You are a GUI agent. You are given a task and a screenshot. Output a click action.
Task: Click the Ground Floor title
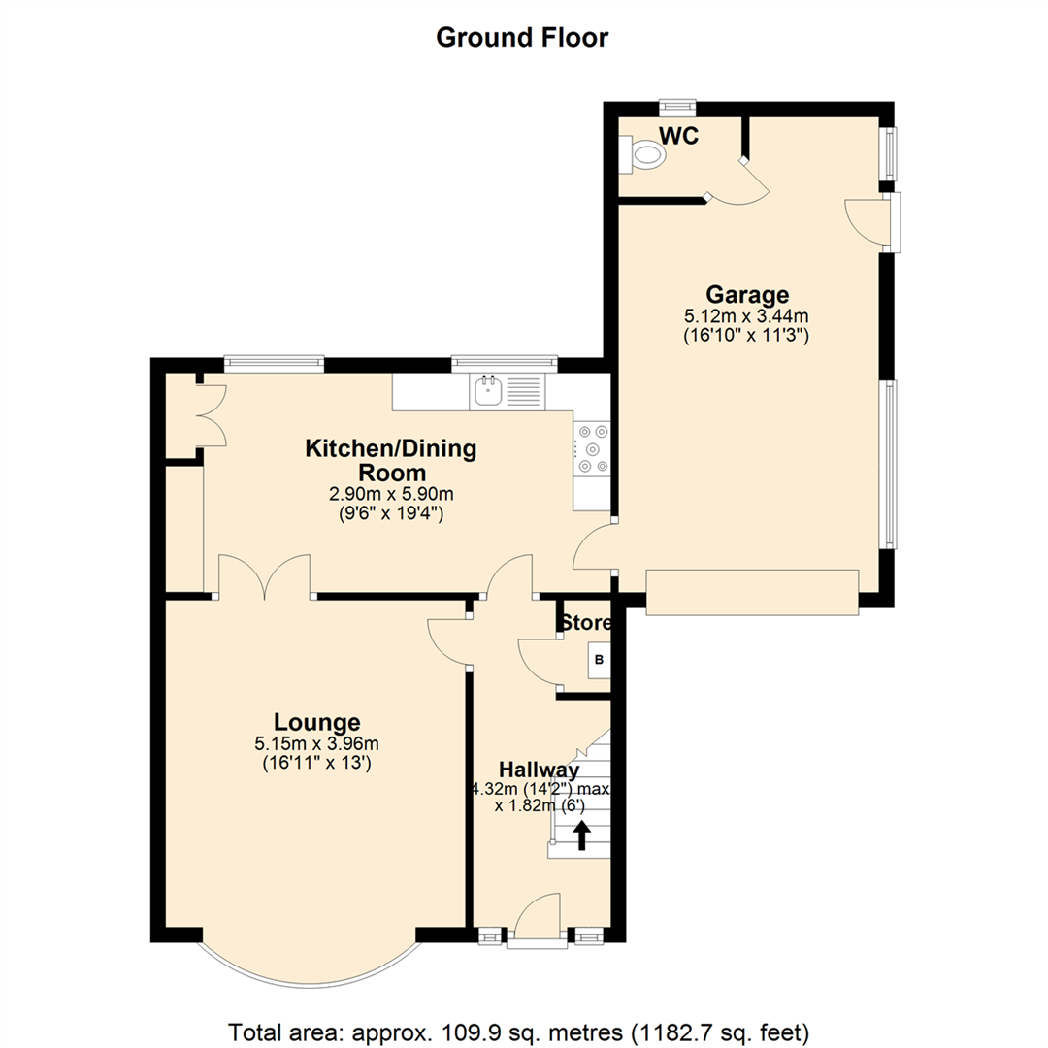522,38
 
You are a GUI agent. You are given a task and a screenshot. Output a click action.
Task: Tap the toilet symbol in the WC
647,155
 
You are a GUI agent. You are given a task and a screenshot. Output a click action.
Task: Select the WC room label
678,135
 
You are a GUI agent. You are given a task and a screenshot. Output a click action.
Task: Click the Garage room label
746,294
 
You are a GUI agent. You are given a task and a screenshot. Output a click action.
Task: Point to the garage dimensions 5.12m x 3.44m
746,315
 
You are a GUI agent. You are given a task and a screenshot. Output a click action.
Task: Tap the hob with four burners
593,449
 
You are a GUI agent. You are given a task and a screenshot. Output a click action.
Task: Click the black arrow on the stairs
582,835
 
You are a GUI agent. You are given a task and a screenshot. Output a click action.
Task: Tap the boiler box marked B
599,661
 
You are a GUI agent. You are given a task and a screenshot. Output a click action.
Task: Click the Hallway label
540,770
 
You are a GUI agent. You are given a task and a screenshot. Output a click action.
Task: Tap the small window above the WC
676,105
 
